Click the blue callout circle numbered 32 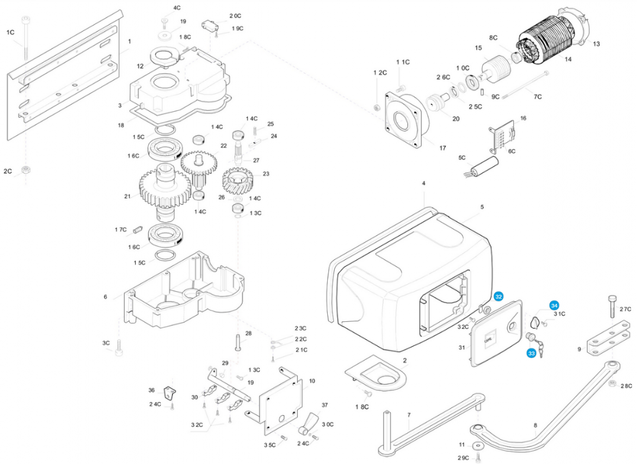coord(498,296)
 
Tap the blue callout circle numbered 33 coord(531,353)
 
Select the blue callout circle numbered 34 coord(555,305)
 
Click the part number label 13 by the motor coord(596,44)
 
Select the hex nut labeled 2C coord(26,170)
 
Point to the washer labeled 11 coord(477,445)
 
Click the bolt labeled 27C coord(613,306)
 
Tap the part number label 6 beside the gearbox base coord(105,296)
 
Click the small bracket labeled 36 coord(169,392)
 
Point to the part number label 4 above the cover coord(424,183)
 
